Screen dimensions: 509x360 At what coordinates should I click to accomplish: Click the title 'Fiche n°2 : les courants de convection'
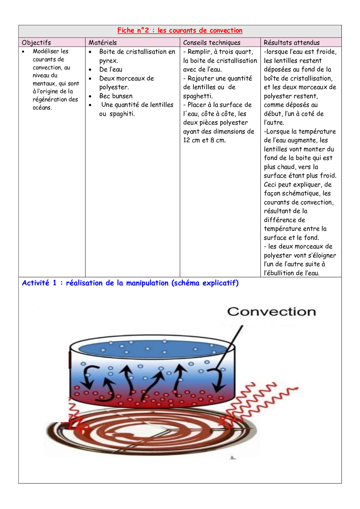180,30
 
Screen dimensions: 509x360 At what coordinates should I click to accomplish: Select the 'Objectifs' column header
36,43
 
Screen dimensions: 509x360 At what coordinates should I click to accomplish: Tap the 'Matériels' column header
103,43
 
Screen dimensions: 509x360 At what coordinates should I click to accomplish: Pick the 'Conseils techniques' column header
212,43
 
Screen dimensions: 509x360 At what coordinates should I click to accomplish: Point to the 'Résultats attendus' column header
291,43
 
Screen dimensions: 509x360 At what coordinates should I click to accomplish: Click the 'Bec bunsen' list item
116,96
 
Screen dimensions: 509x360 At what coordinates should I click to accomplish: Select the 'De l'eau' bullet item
111,70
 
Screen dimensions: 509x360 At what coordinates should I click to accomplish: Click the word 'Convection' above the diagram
271,312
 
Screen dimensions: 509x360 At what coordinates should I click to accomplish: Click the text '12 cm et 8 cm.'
204,140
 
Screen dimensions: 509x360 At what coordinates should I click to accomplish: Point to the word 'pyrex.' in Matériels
109,61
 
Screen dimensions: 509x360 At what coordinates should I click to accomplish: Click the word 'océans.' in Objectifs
42,108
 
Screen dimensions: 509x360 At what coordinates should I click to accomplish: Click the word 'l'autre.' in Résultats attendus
274,122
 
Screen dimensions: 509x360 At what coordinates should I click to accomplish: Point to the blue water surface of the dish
151,348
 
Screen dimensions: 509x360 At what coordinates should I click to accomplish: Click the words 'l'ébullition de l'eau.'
291,273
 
